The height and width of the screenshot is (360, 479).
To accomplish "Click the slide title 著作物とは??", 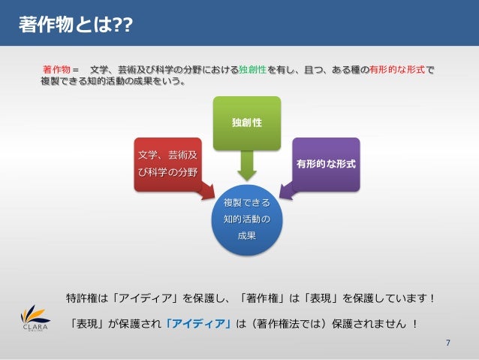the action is click(x=75, y=26).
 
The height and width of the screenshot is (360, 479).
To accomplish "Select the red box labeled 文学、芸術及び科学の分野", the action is click(x=167, y=163).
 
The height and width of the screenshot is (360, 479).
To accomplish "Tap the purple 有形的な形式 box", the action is click(x=326, y=163).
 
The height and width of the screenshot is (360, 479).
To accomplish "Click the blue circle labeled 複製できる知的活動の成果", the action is click(x=247, y=219).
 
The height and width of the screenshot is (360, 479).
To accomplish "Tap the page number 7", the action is click(x=447, y=343).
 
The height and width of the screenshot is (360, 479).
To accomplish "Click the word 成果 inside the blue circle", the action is click(x=247, y=235).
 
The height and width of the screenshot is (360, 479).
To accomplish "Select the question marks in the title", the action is click(x=122, y=26).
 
